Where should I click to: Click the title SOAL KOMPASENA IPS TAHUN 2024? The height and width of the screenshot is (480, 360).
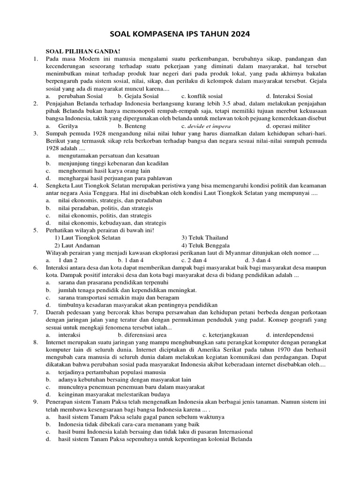(x=180, y=34)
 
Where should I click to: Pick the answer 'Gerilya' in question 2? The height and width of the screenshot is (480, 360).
(x=68, y=126)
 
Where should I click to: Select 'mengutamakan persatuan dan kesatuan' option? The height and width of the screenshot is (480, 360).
(x=109, y=156)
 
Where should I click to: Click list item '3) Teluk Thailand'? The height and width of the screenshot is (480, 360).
(x=204, y=238)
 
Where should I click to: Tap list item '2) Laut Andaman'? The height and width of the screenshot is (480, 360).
(x=77, y=245)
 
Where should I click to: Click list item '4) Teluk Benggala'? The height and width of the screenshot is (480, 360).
(x=205, y=245)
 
